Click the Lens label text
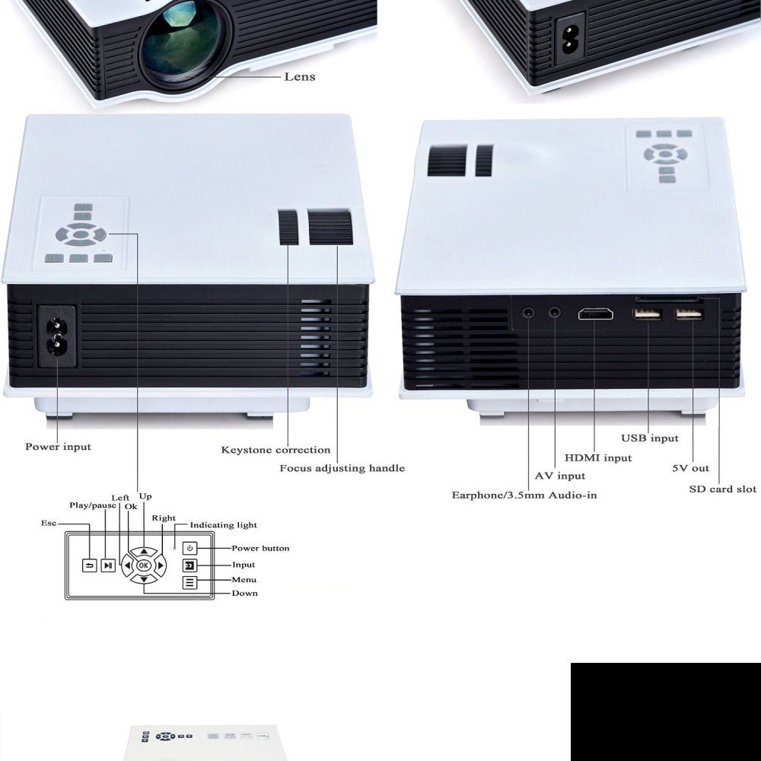point(299,76)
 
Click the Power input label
point(58,447)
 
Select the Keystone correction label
point(275,450)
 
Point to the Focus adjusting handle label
point(342,468)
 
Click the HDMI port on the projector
point(595,314)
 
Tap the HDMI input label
point(597,458)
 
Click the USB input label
point(649,438)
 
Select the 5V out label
point(690,469)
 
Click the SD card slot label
point(722,489)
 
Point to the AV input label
point(559,476)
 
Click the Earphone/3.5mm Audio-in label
point(524,495)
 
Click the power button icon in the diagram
point(190,548)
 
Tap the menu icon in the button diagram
point(190,583)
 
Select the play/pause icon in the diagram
point(109,565)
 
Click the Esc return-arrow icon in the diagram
point(90,565)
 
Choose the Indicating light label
point(223,525)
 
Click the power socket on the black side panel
point(56,337)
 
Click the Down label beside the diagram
point(244,593)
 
